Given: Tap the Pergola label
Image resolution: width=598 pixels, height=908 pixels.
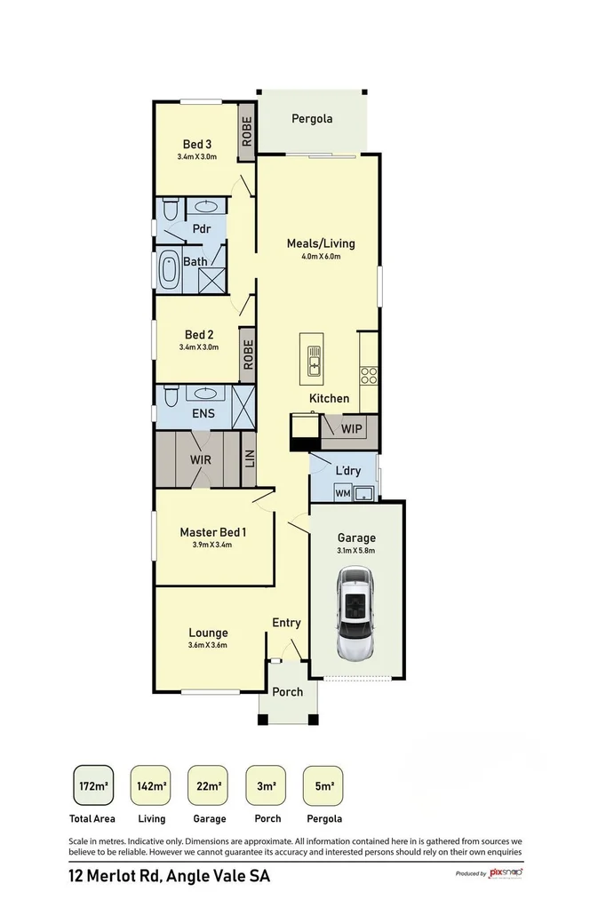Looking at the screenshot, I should tap(312, 117).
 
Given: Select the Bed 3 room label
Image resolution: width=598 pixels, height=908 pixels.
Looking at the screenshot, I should tap(196, 144).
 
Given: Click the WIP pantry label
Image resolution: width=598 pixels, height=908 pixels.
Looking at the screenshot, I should tap(351, 429).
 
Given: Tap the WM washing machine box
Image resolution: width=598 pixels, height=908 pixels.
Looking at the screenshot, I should tap(343, 492).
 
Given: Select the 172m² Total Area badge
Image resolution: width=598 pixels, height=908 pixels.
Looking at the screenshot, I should tap(92, 785).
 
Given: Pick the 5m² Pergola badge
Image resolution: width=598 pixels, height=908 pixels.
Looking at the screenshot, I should tap(323, 785).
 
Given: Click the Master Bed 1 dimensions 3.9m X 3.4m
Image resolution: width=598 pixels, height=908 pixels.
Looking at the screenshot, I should tap(211, 545).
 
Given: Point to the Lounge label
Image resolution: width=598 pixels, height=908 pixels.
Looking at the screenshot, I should tap(207, 633).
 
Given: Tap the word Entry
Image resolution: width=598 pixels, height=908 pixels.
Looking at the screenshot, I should tap(286, 623).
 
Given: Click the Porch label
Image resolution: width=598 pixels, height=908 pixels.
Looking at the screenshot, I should tap(287, 691).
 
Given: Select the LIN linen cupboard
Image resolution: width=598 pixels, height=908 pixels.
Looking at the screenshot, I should tap(249, 458).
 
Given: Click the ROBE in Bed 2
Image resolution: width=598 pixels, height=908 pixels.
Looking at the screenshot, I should tap(248, 354).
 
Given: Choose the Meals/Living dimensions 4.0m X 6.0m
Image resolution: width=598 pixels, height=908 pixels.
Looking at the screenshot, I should tap(320, 257).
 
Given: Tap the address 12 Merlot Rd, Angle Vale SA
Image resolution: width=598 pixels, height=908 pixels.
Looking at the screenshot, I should tap(169, 876).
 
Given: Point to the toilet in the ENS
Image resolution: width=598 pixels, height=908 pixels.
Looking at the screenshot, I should tap(170, 394).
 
